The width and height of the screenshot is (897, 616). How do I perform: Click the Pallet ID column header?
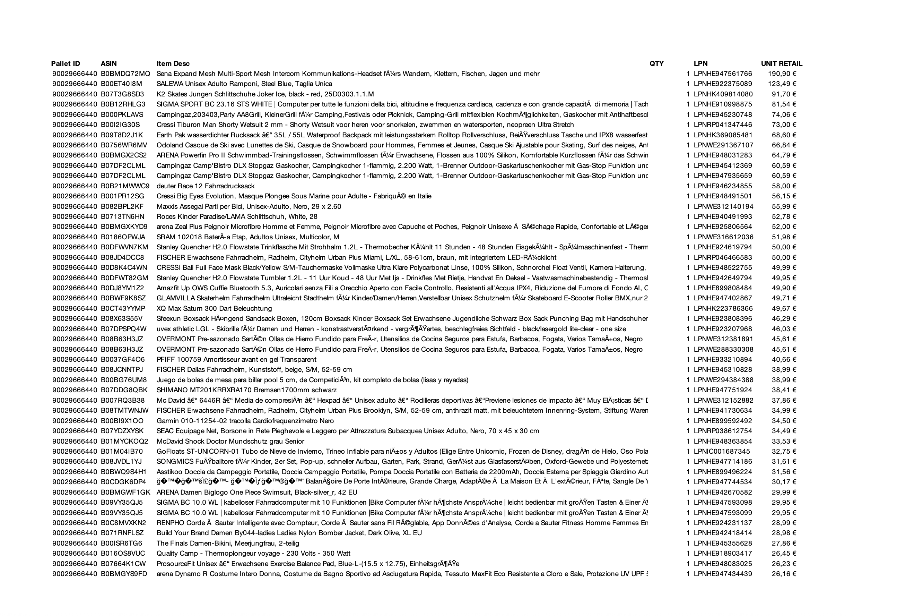[x=66, y=64]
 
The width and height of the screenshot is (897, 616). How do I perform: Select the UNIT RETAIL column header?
[x=781, y=64]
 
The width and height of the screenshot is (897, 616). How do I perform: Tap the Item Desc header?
[x=173, y=64]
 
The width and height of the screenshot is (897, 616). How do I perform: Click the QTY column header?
[x=656, y=64]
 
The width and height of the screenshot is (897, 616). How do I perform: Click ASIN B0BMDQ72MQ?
[x=125, y=74]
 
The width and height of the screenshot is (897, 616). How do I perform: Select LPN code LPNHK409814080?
[x=723, y=94]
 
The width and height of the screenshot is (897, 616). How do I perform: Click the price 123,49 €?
[x=782, y=84]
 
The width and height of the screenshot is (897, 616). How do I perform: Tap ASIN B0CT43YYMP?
[x=123, y=309]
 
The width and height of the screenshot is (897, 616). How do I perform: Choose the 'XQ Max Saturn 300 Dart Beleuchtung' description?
[x=214, y=309]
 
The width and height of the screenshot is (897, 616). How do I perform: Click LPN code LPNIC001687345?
[x=722, y=452]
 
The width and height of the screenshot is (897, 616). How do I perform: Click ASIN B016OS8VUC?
[x=123, y=554]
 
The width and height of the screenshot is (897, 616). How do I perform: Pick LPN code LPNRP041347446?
[x=723, y=125]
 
